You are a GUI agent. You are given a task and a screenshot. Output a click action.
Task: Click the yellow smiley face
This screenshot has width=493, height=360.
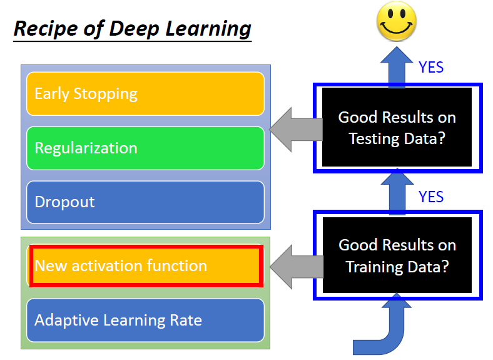397,23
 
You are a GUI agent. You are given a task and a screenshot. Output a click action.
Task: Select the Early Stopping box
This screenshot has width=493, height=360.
145,94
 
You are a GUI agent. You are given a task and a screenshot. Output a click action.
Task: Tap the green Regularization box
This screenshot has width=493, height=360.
145,148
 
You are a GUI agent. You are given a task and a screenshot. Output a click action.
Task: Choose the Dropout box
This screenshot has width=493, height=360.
145,202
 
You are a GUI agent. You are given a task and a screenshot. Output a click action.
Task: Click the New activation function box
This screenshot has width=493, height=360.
145,265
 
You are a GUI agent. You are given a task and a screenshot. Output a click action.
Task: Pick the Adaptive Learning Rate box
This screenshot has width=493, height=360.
145,321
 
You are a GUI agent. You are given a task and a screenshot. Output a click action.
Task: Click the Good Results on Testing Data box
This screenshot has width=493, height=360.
397,128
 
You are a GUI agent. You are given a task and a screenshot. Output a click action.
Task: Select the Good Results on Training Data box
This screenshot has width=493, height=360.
397,255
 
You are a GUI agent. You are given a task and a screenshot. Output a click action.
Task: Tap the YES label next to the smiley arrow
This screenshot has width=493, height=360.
431,67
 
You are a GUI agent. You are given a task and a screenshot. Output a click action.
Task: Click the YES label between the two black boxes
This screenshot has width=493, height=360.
431,197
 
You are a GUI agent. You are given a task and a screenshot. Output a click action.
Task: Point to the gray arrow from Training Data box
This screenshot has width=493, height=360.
297,266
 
